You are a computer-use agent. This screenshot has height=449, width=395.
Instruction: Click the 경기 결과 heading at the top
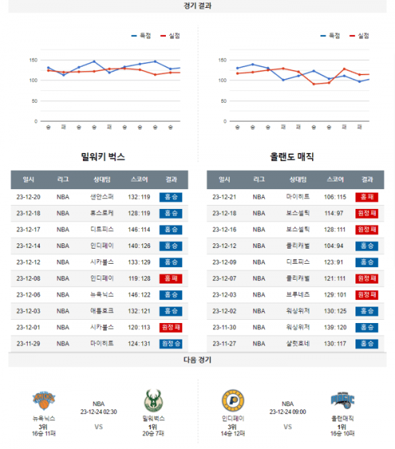tap(197, 5)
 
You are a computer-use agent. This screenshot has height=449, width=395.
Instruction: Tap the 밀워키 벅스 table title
tap(103, 157)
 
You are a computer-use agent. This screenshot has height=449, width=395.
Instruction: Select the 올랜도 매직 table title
tap(292, 157)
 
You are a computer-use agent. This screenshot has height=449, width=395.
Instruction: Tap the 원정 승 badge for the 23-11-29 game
tap(171, 344)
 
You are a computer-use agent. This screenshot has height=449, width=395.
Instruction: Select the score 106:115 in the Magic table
tap(335, 196)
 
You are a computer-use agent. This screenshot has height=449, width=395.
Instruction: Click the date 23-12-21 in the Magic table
tap(224, 196)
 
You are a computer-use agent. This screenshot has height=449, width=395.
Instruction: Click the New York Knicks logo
tap(43, 400)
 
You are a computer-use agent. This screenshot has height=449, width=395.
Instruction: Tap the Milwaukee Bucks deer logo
tap(153, 400)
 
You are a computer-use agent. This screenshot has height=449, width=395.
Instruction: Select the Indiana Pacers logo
tap(232, 400)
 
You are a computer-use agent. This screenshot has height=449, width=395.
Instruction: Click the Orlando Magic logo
tap(343, 400)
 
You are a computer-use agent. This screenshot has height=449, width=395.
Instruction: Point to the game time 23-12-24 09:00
tap(288, 411)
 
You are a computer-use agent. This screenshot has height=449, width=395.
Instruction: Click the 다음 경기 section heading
tap(197, 360)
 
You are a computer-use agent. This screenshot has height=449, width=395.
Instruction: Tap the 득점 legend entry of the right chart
tap(330, 36)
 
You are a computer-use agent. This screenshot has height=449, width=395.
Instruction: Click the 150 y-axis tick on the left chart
tap(32, 60)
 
